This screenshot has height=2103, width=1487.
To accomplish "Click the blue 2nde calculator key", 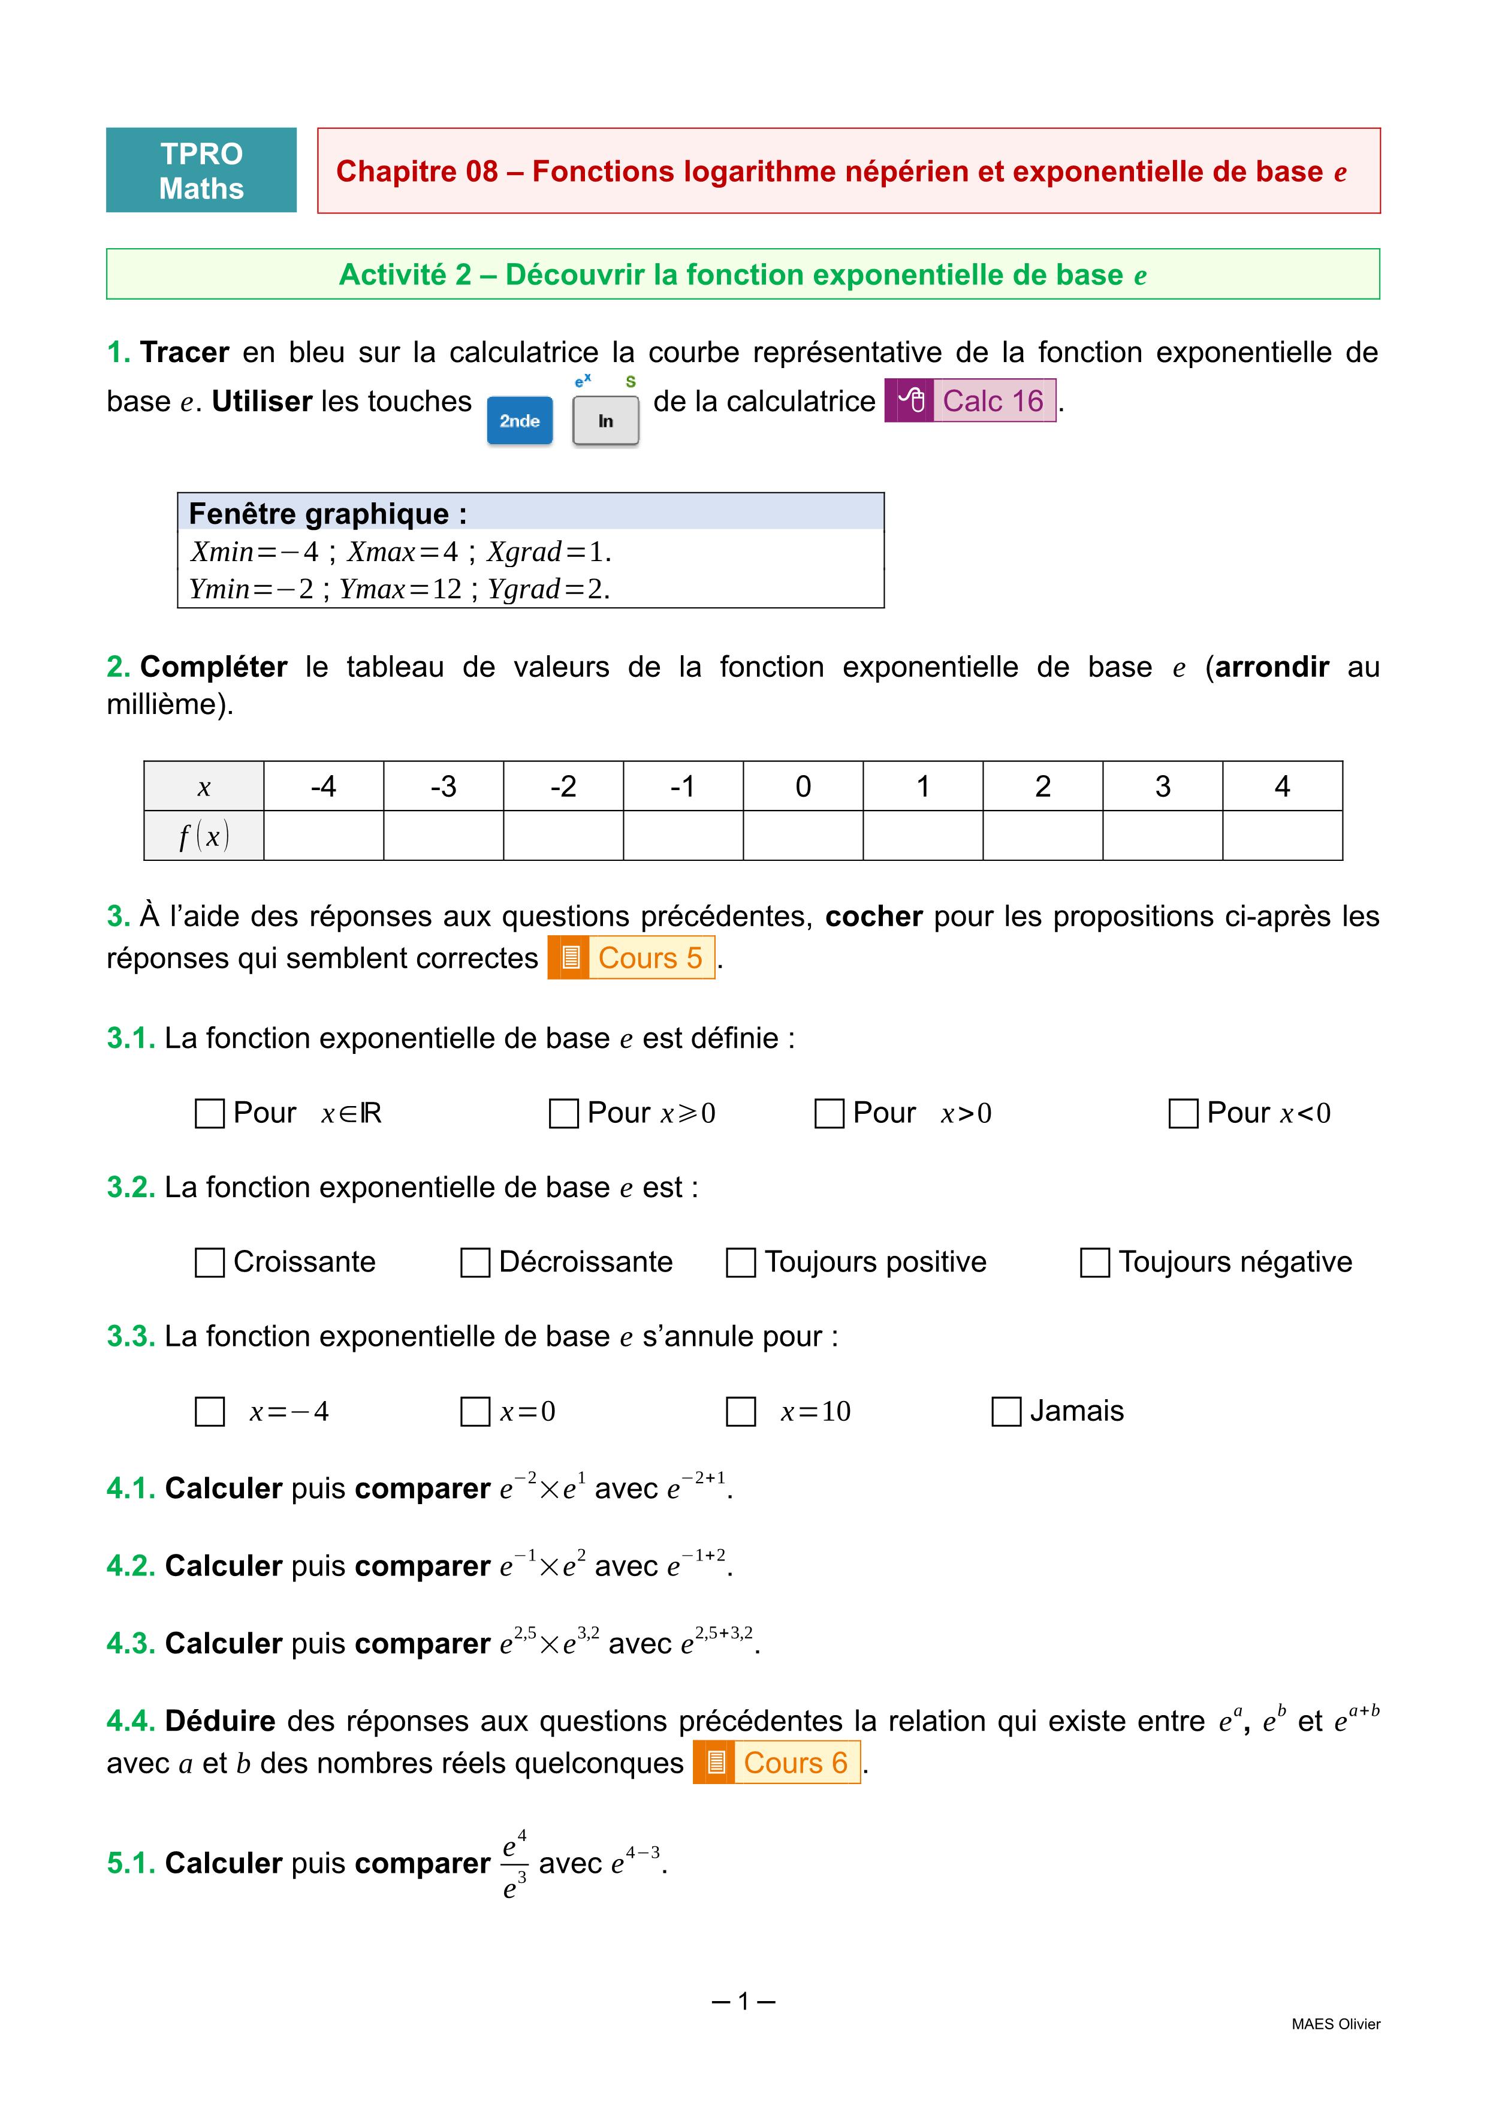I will tap(519, 420).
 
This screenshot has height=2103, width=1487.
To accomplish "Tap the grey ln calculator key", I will tap(605, 420).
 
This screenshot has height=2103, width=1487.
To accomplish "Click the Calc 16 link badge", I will tap(970, 400).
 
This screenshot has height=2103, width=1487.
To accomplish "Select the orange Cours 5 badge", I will tap(631, 957).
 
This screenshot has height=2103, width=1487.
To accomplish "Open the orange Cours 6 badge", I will tap(776, 1762).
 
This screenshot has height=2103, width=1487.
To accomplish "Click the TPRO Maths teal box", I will tap(201, 170).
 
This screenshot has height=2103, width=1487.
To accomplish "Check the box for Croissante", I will tap(210, 1262).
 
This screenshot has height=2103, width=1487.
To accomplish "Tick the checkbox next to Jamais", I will tap(1006, 1411).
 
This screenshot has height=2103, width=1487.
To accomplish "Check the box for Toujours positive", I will tap(741, 1262).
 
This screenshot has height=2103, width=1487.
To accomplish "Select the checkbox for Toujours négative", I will tap(1095, 1262).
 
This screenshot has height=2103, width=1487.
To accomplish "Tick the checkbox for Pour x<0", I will tap(1183, 1114).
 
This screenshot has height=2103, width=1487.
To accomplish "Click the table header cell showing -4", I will tap(323, 786).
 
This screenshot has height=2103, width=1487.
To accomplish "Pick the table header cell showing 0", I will tap(803, 786).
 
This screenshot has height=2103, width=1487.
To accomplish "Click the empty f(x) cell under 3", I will tap(1162, 835).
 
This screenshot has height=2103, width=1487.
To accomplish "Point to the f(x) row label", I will tap(203, 835).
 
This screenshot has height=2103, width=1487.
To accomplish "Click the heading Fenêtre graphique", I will tap(327, 514).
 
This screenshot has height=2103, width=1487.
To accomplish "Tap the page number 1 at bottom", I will tap(743, 2001).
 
